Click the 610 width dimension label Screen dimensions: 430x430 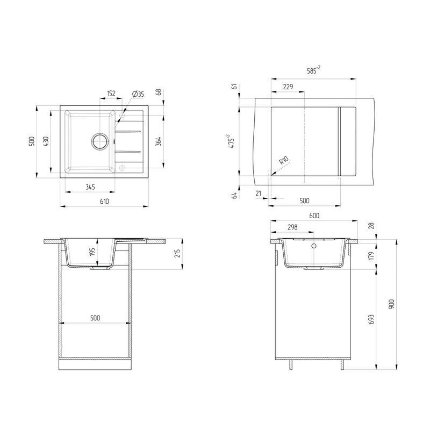point(104,201)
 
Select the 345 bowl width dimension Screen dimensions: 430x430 point(90,187)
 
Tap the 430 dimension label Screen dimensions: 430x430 point(46,141)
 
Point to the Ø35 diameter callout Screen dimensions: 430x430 point(138,94)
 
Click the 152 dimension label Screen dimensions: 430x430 point(111,93)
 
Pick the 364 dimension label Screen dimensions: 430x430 point(158,141)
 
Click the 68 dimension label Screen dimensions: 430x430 point(159,92)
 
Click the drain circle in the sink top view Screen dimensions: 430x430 point(99,141)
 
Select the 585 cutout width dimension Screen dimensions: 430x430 point(313,70)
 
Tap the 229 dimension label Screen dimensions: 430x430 point(288,87)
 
